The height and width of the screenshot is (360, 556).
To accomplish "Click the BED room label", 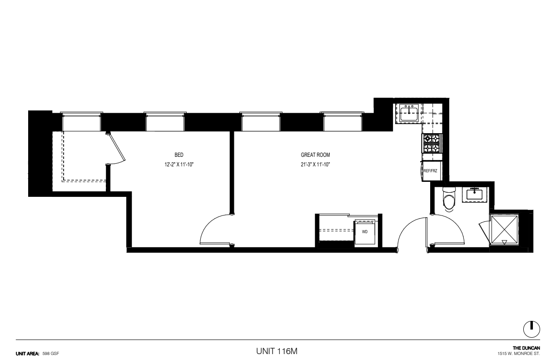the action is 179,155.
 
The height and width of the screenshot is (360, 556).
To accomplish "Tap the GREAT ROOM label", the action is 315,155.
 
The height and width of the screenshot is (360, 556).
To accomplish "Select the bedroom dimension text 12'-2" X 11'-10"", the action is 179,165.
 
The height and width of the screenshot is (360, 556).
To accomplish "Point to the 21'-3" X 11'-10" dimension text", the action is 315,165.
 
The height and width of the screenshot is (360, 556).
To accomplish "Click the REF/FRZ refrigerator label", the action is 430,171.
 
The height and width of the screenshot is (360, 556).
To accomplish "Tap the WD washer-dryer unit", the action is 365,233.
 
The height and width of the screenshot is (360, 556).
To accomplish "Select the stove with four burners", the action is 432,143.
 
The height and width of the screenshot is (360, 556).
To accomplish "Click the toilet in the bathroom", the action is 449,199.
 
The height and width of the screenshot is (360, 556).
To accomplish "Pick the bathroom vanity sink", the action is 474,195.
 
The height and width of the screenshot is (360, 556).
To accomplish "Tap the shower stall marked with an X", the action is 504,230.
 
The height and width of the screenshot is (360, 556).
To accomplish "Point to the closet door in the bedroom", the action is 116,147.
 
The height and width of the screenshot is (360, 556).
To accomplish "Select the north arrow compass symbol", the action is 531,329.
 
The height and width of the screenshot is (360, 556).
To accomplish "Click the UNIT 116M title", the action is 277,351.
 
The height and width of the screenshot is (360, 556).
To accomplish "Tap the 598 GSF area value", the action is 50,354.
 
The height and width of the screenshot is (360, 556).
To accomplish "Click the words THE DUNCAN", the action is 526,348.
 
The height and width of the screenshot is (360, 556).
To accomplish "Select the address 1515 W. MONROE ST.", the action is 519,354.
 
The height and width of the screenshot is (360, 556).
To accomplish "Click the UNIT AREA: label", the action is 27,354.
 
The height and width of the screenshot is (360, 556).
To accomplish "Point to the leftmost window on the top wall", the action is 81,122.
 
